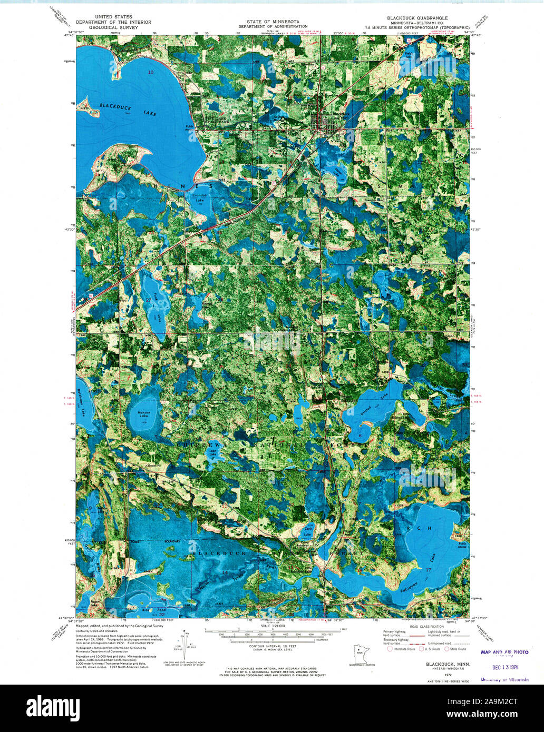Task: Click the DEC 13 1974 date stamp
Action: (x=504, y=665)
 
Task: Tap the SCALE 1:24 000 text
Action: (x=273, y=626)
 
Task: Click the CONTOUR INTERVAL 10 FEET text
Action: (x=272, y=646)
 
